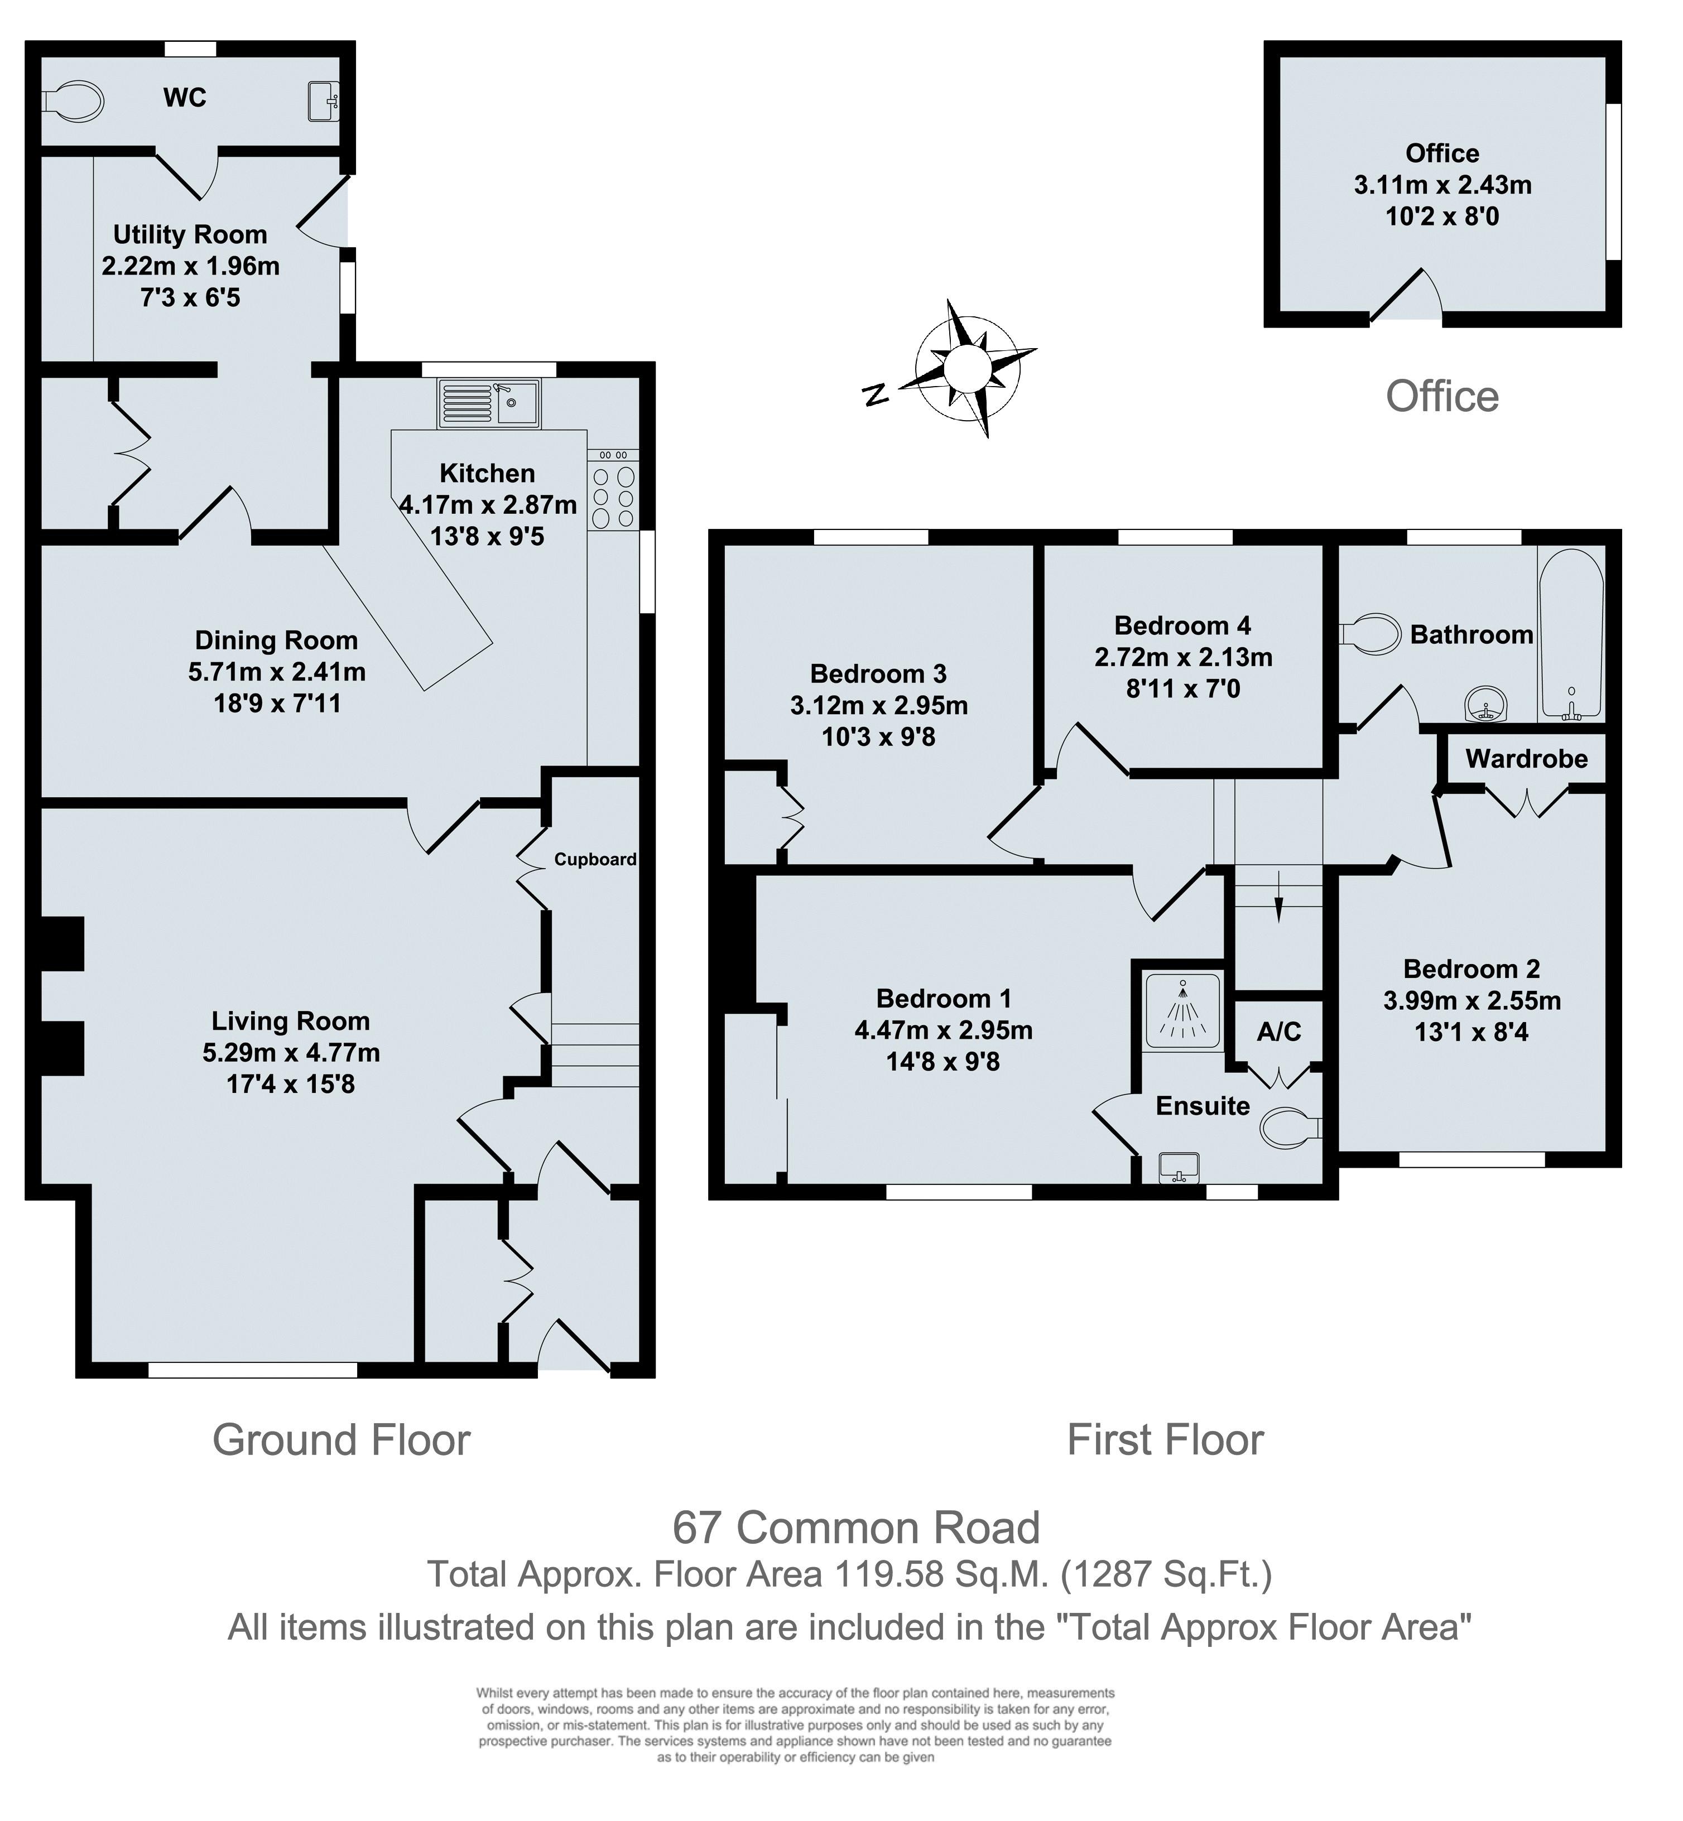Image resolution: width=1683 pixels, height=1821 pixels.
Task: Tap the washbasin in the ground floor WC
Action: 323,100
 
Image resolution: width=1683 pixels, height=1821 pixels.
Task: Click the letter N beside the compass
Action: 874,394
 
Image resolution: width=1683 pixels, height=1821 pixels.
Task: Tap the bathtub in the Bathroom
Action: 1571,634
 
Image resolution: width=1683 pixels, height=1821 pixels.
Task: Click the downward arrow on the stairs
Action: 1278,897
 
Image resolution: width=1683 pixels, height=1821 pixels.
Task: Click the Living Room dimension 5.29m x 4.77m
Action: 291,1053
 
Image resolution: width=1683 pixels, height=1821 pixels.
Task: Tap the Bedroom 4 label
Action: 1182,625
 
